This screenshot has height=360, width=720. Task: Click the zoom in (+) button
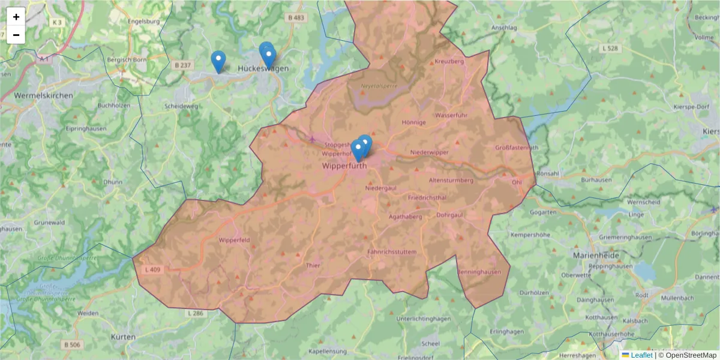point(16,17)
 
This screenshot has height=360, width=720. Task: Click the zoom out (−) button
point(16,35)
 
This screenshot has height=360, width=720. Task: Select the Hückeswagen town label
point(263,68)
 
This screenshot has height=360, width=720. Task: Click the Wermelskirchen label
point(43,95)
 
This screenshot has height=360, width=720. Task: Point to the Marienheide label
point(595,255)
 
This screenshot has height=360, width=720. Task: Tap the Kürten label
point(123,337)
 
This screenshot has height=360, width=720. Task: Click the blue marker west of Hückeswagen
point(218,61)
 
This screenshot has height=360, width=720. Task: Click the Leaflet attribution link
point(641,355)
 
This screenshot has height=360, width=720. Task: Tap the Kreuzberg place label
point(449,62)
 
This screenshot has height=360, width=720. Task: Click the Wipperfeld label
point(234,240)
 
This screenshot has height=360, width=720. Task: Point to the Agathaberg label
point(407,217)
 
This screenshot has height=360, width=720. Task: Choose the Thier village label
point(313,265)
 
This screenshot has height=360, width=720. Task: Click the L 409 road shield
point(153,270)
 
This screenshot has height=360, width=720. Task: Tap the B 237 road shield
point(182,65)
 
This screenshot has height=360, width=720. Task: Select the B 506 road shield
point(71,344)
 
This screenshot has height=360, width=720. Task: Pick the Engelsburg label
point(143,22)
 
